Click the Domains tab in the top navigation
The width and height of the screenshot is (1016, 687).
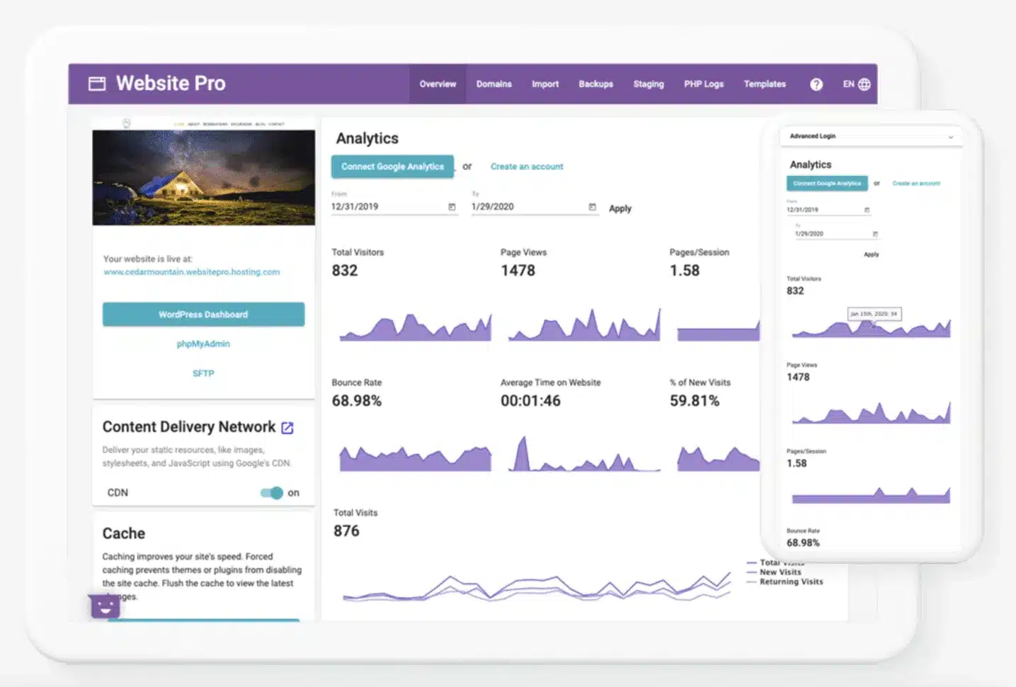493,84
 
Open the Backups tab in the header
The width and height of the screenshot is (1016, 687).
595,84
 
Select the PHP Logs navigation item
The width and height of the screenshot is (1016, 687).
703,84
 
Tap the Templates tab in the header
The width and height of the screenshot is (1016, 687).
764,84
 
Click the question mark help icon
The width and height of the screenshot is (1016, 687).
816,84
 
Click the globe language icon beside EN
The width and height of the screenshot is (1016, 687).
864,84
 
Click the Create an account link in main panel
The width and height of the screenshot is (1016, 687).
527,166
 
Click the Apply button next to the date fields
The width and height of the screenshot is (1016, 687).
620,208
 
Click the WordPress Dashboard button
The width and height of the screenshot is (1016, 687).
203,314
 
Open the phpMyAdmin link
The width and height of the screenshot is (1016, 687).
203,343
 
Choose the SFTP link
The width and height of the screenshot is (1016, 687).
203,373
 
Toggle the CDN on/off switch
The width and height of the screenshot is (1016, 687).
272,493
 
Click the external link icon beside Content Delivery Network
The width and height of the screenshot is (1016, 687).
287,428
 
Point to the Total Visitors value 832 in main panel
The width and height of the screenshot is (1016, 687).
345,271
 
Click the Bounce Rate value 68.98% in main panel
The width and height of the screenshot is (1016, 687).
357,401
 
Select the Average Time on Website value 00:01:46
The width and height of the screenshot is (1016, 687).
530,401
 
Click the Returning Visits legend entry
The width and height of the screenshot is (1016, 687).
790,582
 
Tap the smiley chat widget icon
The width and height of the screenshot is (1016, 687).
105,606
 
